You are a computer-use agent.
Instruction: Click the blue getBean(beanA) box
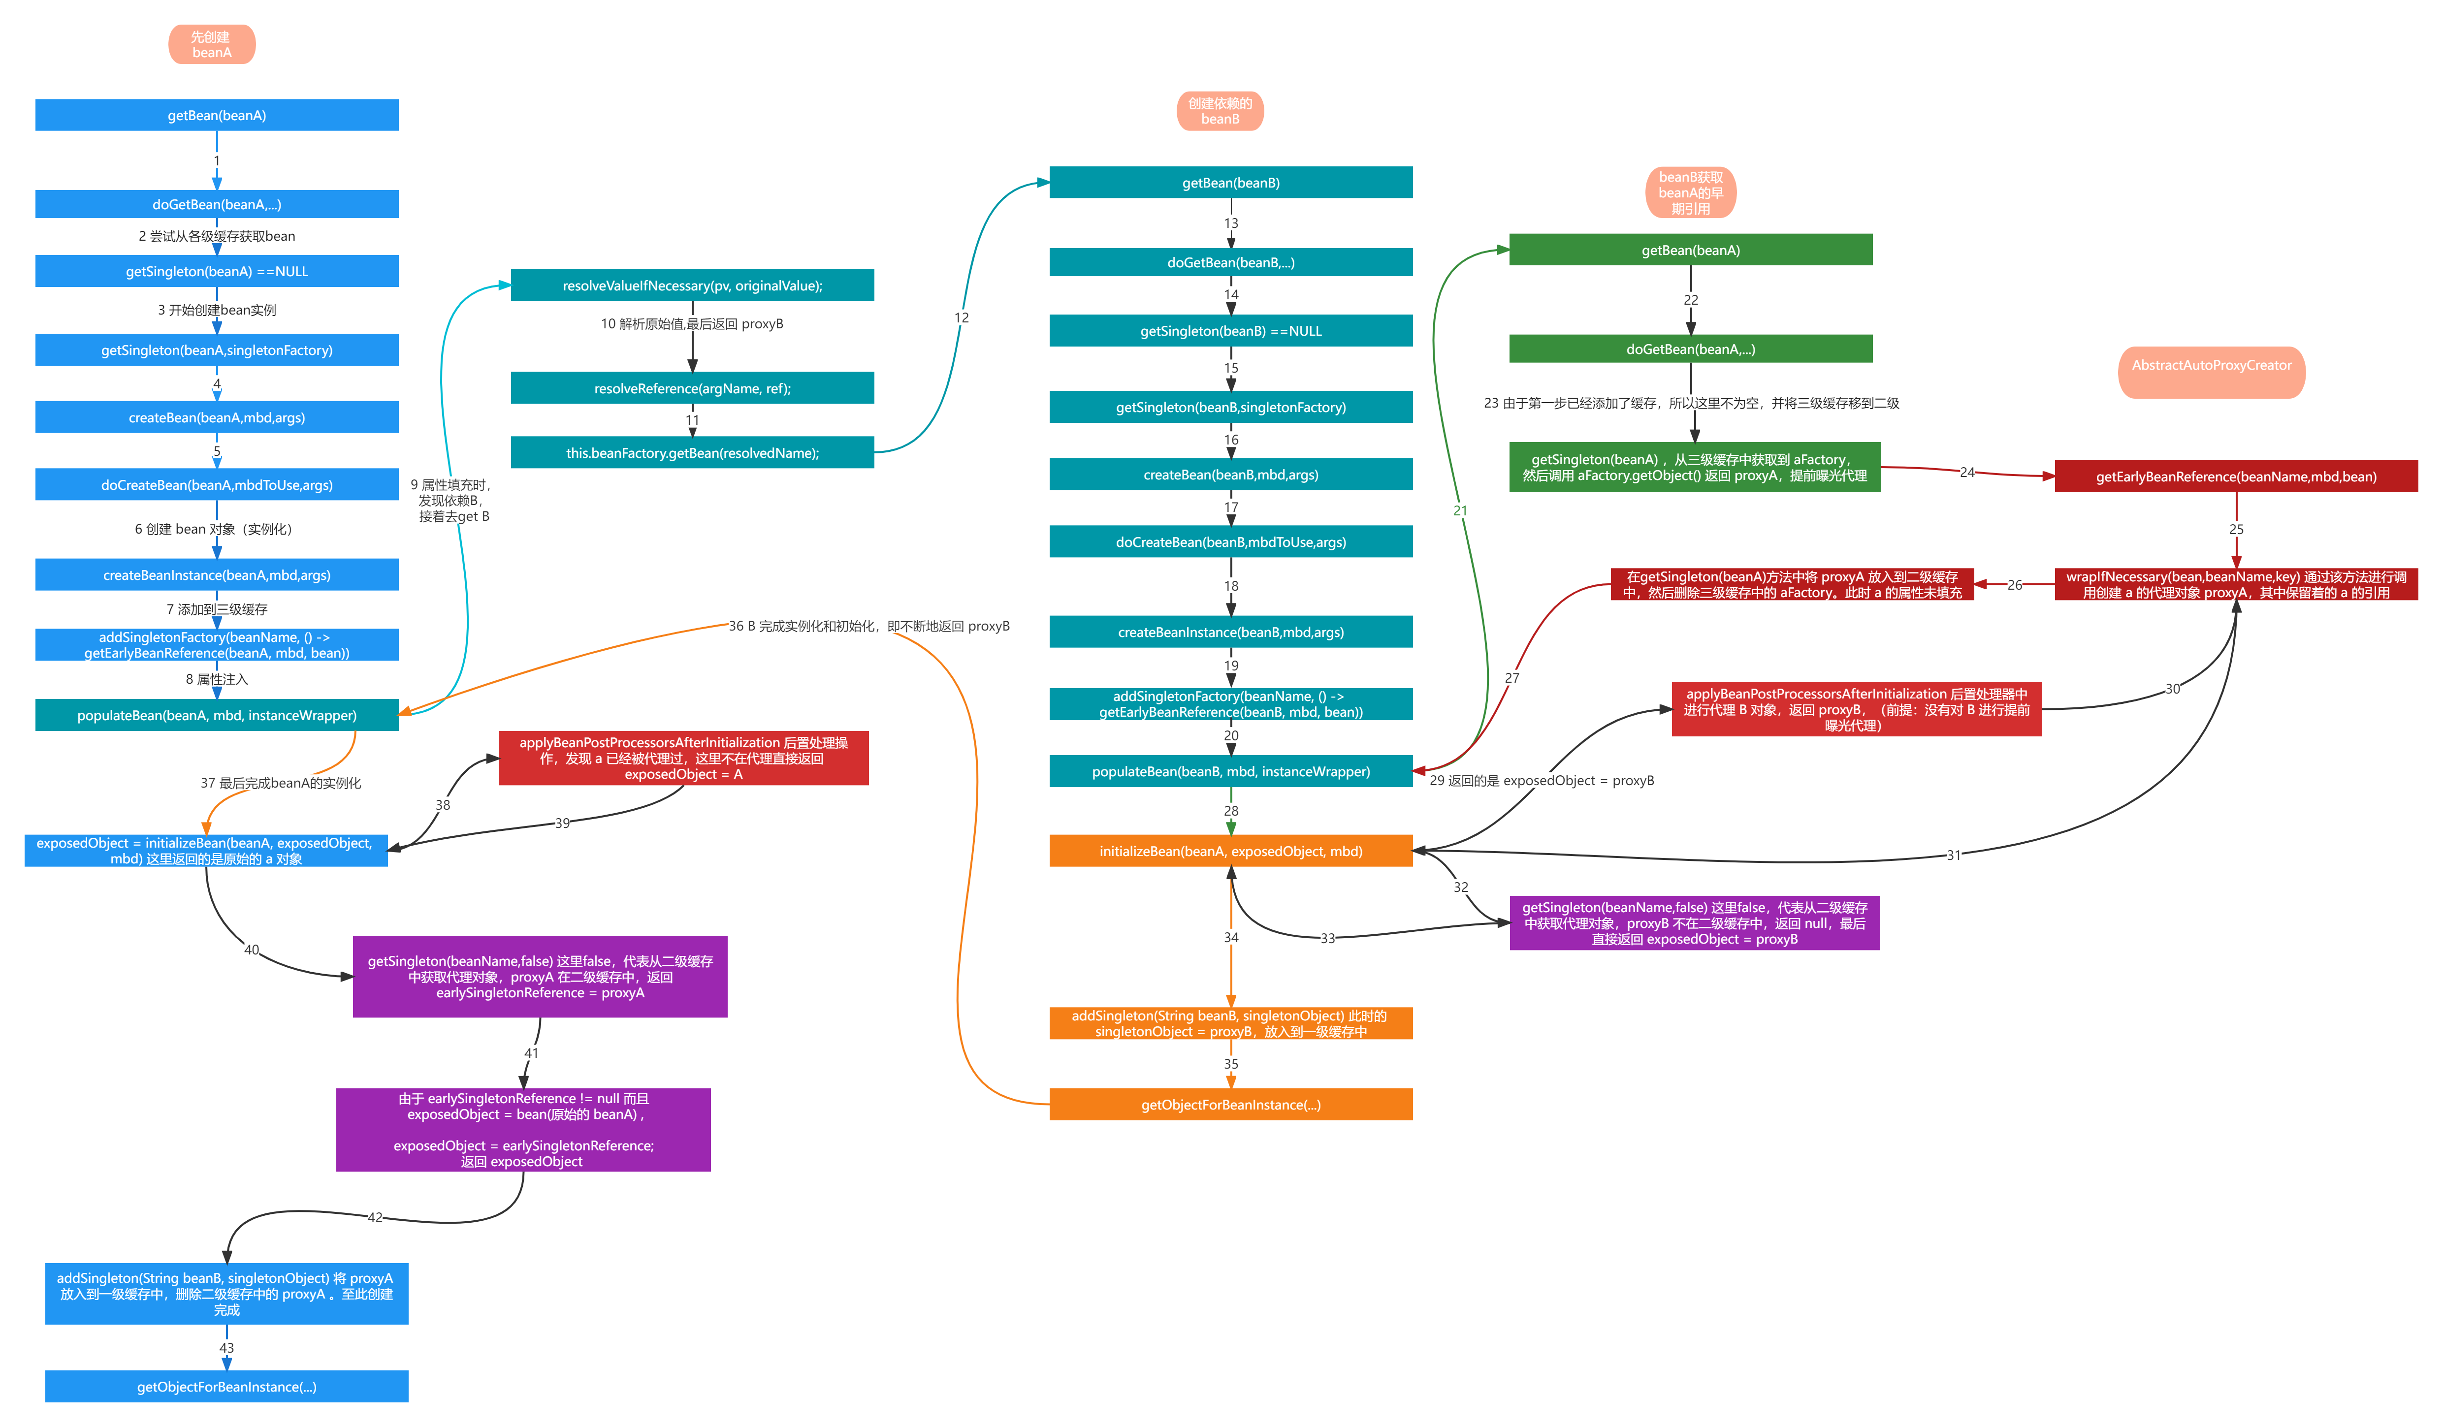(x=216, y=114)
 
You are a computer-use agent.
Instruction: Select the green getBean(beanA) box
(x=1690, y=250)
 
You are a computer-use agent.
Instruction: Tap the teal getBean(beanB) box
(x=1230, y=182)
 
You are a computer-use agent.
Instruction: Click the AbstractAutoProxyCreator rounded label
(x=2211, y=372)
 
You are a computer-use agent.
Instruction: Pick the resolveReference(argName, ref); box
(x=692, y=388)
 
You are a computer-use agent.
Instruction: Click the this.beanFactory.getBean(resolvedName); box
(x=692, y=453)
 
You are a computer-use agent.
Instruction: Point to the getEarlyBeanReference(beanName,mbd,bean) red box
(x=2236, y=476)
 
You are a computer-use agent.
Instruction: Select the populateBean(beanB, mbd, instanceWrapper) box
(x=1230, y=771)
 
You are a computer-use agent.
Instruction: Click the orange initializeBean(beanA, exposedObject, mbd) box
(x=1230, y=850)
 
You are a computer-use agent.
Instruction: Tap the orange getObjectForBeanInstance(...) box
(x=1230, y=1104)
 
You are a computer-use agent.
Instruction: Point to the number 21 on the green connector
(x=1460, y=510)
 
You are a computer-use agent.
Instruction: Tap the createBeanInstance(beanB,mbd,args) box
(x=1230, y=631)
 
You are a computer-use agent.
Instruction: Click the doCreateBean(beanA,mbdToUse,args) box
(x=216, y=485)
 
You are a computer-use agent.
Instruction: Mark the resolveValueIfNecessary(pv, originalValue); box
(x=692, y=285)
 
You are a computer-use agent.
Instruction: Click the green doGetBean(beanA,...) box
(x=1690, y=349)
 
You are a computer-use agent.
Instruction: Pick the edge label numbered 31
(x=1954, y=855)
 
